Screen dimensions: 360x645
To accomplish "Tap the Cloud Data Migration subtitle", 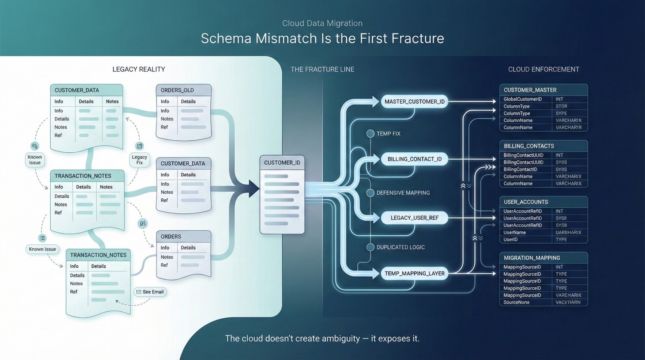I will [322, 23].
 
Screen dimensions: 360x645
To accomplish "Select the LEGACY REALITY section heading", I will [138, 69].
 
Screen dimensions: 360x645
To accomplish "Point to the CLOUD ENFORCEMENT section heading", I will [544, 69].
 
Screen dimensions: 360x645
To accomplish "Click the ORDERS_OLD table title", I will [177, 90].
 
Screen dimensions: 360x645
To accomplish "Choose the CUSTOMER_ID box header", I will [282, 163].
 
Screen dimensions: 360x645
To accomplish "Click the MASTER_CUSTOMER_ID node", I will [415, 102].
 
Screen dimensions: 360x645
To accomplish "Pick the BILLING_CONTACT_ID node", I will [415, 159].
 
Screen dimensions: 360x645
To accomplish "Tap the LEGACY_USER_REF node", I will [415, 218].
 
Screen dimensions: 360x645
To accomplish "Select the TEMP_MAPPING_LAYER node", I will [415, 274].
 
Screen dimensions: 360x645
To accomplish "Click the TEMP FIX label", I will [388, 134].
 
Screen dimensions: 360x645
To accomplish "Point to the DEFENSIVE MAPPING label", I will [403, 193].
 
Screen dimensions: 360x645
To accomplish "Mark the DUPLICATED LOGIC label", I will [400, 247].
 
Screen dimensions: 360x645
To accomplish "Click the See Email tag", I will [150, 292].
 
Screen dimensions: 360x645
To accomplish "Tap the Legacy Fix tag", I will [139, 160].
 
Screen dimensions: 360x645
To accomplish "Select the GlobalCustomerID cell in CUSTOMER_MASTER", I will [522, 99].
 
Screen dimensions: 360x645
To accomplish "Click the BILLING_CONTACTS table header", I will [529, 146].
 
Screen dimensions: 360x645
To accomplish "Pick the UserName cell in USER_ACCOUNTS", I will [515, 232].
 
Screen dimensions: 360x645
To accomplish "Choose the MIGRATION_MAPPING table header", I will [532, 258].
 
